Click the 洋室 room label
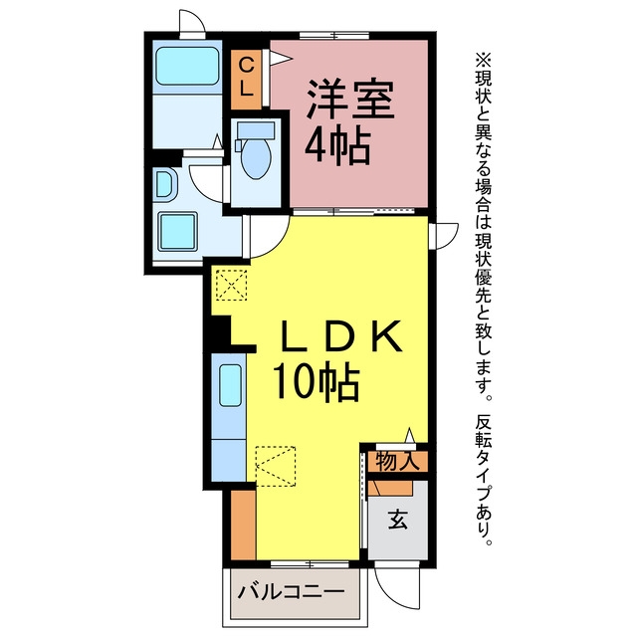click(x=350, y=100)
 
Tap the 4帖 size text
click(x=338, y=146)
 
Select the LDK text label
click(x=341, y=336)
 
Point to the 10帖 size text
click(x=317, y=382)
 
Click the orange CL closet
click(x=246, y=80)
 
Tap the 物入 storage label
click(x=397, y=461)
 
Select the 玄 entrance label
click(x=397, y=519)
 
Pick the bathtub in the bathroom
click(x=187, y=67)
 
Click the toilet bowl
click(x=256, y=159)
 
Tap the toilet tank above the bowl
click(x=256, y=130)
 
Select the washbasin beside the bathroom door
click(x=164, y=184)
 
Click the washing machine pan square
click(x=178, y=231)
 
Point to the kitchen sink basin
click(x=230, y=385)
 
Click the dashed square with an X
click(x=231, y=285)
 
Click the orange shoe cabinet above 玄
click(x=390, y=488)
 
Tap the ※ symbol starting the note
click(x=484, y=60)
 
